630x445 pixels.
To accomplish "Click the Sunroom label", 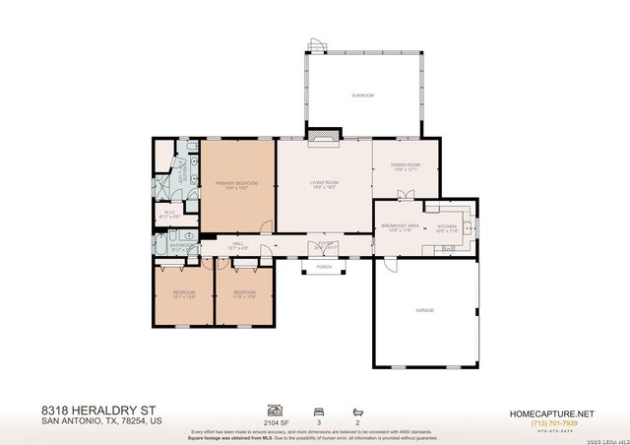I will tap(363, 95).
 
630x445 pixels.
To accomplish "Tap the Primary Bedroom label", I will tap(237, 184).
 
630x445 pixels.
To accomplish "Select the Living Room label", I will tap(324, 183).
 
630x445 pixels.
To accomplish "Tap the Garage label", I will tap(424, 310).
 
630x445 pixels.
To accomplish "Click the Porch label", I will tap(323, 267).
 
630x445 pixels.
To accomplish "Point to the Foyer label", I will tap(324, 243).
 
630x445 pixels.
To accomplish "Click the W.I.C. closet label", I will tap(168, 212).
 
